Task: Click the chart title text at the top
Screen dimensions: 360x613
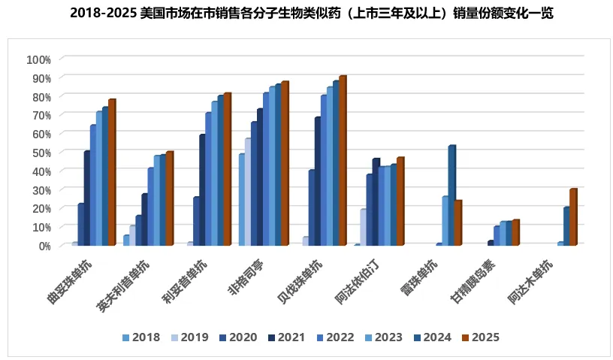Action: click(x=306, y=14)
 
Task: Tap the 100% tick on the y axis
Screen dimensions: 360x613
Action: click(x=38, y=59)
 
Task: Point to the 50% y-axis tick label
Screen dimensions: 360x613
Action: click(x=39, y=153)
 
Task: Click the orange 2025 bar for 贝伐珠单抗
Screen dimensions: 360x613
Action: click(x=342, y=161)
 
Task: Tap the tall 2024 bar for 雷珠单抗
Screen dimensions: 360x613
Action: click(x=451, y=195)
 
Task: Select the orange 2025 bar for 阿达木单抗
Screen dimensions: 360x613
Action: click(x=572, y=217)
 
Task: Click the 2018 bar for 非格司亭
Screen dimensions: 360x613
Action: click(x=241, y=200)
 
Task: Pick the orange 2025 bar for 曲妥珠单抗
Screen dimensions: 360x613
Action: click(x=111, y=173)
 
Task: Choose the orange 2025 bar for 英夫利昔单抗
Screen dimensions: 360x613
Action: click(x=169, y=198)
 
